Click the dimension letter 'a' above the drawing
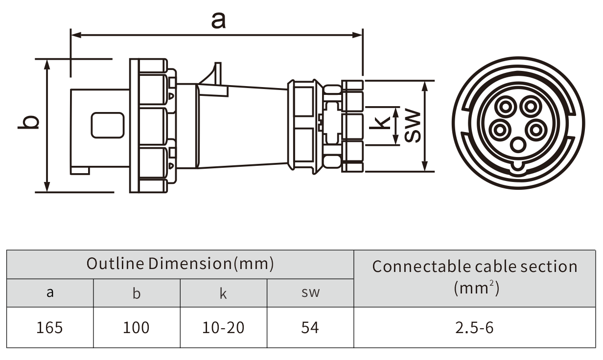click(x=218, y=21)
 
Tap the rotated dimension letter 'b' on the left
click(x=28, y=122)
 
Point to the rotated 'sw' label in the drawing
click(x=413, y=125)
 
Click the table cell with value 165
click(x=49, y=328)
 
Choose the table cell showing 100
click(x=136, y=328)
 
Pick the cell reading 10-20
click(x=223, y=328)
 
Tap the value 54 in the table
click(x=310, y=328)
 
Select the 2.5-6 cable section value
click(x=474, y=328)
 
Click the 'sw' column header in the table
click(x=310, y=292)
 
